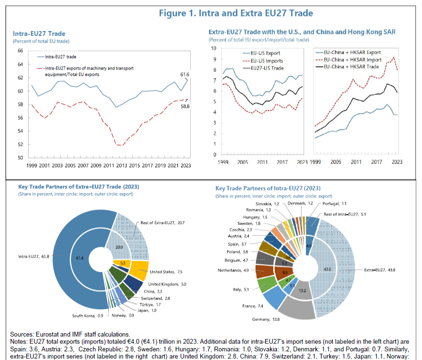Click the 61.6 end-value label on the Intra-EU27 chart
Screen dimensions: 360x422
[x=184, y=74]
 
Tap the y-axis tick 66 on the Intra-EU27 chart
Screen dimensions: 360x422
[x=20, y=51]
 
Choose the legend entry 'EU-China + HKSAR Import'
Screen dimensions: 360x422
[x=352, y=59]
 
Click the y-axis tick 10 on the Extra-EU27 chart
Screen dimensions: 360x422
[x=213, y=48]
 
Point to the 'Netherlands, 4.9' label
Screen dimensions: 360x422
[x=234, y=270]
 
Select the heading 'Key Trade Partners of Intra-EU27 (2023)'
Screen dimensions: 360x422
[x=268, y=188]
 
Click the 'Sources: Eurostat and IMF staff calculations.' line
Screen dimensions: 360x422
[x=67, y=335]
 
